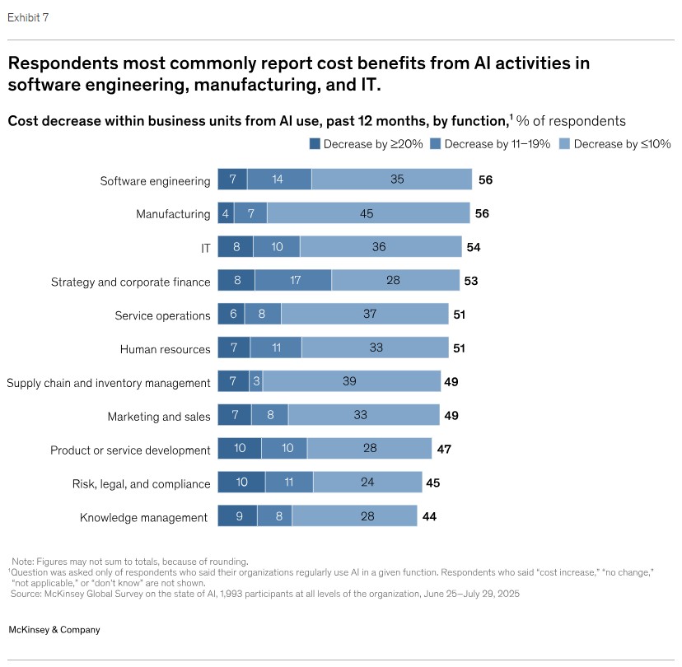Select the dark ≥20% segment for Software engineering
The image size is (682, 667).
pos(232,180)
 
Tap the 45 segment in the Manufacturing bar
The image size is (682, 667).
pos(367,214)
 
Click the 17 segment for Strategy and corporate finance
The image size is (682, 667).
pos(293,281)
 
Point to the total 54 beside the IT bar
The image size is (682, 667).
pos(474,247)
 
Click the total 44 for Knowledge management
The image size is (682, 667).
pos(428,517)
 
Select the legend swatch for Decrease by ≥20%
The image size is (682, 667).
pos(314,143)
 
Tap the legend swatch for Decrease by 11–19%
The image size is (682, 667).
pos(437,143)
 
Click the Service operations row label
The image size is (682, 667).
pos(162,315)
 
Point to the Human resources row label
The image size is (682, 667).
pos(165,349)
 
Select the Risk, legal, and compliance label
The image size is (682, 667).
pos(141,484)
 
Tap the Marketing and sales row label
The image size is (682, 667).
pos(159,417)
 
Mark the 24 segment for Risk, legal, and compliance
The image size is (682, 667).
pos(367,483)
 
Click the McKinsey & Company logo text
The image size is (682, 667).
pos(54,630)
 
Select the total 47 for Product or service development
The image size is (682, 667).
pos(444,450)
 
